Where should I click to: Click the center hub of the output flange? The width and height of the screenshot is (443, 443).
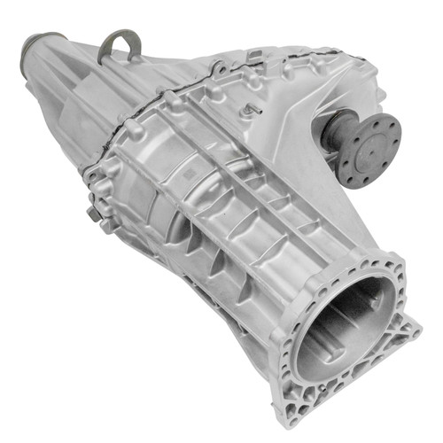(371, 148)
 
